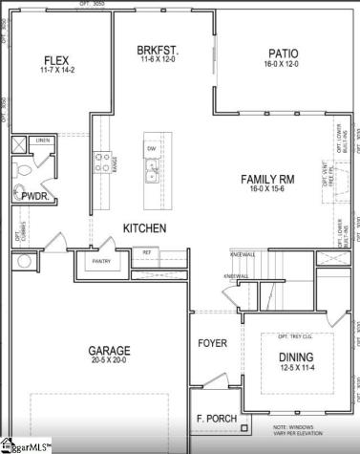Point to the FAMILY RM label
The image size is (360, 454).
pyautogui.click(x=266, y=179)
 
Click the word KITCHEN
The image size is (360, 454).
pyautogui.click(x=144, y=228)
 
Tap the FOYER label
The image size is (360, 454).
pyautogui.click(x=212, y=343)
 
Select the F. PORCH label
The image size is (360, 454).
pyautogui.click(x=217, y=419)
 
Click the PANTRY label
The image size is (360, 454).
pyautogui.click(x=102, y=261)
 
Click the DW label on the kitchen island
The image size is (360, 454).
pyautogui.click(x=151, y=148)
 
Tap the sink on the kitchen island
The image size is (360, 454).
pyautogui.click(x=151, y=172)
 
